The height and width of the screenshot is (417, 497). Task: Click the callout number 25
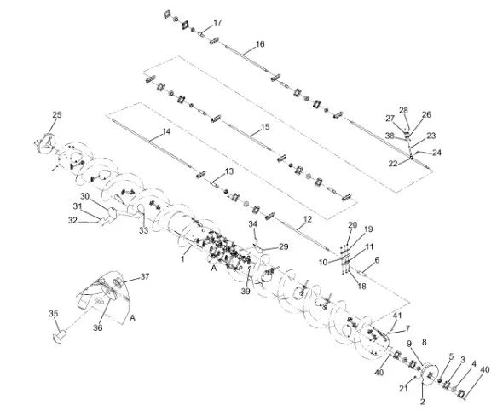57,114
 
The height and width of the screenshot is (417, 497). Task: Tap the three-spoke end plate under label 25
46,144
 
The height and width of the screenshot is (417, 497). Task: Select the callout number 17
217,23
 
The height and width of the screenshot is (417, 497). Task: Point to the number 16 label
260,44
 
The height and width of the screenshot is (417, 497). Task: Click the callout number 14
166,131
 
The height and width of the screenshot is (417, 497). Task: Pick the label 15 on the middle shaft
265,127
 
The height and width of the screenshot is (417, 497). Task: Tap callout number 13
229,171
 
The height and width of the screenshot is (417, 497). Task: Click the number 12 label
308,219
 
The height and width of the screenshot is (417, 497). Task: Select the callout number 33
143,230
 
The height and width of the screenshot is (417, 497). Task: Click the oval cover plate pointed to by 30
113,212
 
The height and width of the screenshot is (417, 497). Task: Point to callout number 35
53,314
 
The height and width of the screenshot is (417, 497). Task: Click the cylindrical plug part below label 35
60,337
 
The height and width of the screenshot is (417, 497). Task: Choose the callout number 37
145,276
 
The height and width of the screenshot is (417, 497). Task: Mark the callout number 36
98,327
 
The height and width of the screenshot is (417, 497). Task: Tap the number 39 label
246,291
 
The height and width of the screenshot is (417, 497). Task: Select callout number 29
284,246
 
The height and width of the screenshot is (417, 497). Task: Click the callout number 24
436,153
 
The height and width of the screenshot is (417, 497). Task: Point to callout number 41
397,316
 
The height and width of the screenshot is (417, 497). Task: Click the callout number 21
403,388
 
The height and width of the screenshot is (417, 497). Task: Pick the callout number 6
377,260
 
